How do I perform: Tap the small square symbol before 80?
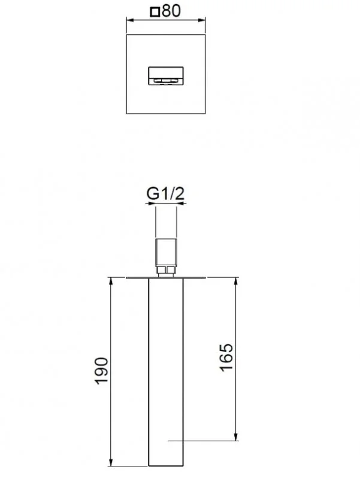156,11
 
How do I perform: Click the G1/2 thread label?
166,193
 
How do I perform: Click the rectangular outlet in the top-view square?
166,76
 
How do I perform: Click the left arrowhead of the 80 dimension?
128,22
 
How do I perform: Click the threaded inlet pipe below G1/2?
166,225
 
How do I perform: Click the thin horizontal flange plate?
166,278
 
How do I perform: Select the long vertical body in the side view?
166,371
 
